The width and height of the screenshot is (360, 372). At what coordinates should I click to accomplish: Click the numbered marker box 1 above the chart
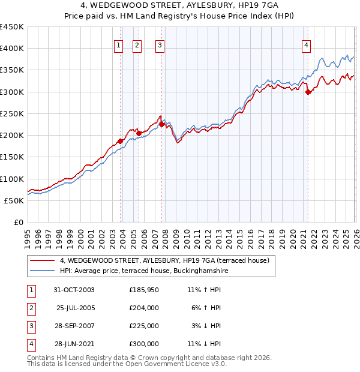[118, 44]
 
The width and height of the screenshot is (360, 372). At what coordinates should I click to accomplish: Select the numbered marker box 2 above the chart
[137, 44]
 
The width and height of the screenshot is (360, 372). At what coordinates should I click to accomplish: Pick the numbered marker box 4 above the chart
[306, 44]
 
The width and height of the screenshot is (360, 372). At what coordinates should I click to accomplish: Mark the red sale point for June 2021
[308, 92]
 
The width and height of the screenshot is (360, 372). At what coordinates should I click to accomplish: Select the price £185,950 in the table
[144, 290]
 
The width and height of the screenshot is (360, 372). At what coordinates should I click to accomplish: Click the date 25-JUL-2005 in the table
[75, 308]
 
